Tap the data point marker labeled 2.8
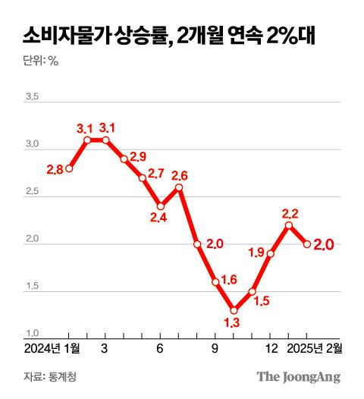coord(69,168)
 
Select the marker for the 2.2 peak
coord(289,225)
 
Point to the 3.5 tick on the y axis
coord(33,96)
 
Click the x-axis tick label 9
coord(215,350)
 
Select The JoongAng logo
coord(298,377)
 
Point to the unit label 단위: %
coord(41,61)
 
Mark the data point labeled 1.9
coord(271,253)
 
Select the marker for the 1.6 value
coord(215,282)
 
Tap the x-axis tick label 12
coord(270,350)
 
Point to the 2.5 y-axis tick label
coord(33,193)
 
